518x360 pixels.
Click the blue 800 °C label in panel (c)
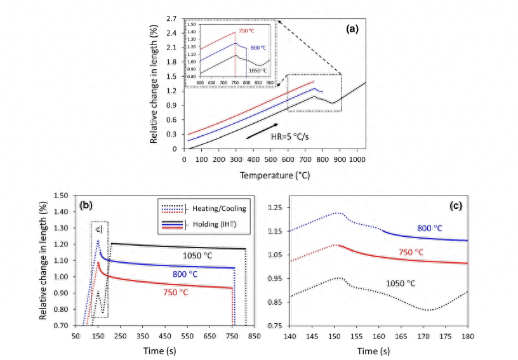tap(433, 228)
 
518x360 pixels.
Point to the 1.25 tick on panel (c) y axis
tap(274, 207)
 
